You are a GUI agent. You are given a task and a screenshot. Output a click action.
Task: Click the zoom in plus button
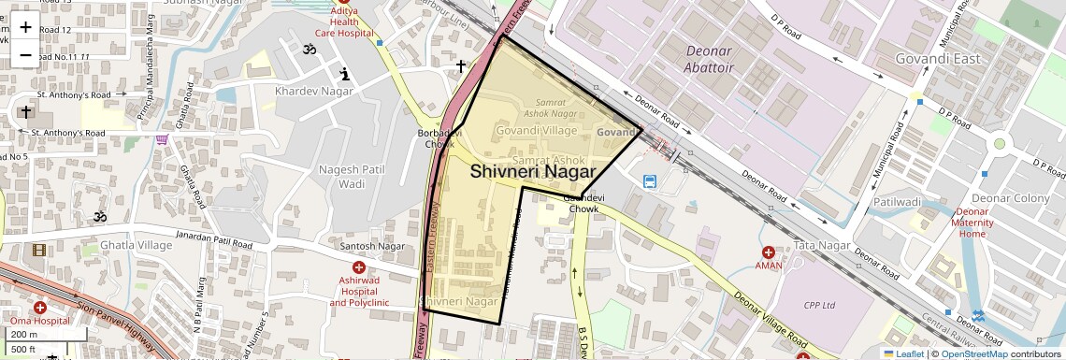pos(25,26)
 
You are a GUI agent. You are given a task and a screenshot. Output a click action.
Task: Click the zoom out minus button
pos(25,54)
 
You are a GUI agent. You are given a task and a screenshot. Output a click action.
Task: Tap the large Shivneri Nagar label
pos(533,172)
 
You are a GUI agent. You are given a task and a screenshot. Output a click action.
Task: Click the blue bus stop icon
pos(650,180)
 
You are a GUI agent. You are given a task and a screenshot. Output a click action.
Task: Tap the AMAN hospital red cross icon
pos(769,252)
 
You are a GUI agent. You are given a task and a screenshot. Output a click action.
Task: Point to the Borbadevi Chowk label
pos(435,138)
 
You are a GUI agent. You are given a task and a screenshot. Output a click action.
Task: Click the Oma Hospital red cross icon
pos(40,307)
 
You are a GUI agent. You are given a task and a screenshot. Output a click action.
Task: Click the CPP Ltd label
pos(824,305)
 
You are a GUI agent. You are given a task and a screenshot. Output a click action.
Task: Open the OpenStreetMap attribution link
pos(973,353)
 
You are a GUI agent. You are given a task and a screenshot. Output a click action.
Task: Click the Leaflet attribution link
pos(903,353)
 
